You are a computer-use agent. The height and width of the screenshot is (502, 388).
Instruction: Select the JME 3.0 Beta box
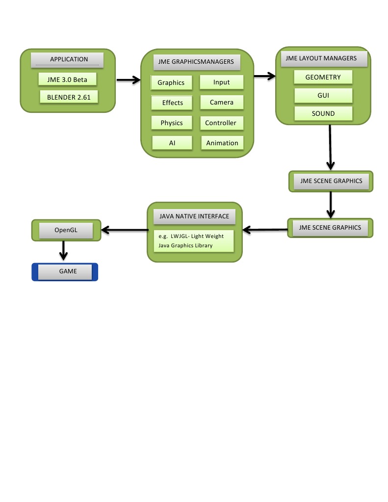tap(67, 79)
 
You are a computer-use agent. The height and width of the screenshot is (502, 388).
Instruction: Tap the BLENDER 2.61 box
tap(69, 97)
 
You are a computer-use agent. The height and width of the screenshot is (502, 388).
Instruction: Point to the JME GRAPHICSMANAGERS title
tap(197, 62)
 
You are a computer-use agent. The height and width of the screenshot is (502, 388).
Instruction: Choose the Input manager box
tap(222, 82)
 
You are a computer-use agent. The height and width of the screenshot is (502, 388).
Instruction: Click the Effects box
tap(172, 103)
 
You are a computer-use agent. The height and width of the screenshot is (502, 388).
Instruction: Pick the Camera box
tap(222, 103)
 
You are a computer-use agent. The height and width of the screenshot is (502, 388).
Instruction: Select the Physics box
tap(172, 123)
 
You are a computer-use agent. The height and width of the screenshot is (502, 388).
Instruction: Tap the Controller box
tap(221, 123)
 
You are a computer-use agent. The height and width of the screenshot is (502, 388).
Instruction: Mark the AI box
tap(172, 143)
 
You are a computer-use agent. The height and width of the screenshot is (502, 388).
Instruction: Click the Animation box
tap(222, 143)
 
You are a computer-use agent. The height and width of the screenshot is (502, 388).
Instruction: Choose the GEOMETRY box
tap(323, 78)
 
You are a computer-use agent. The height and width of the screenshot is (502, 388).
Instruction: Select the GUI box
tap(323, 95)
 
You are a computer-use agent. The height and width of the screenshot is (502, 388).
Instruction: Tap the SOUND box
tap(323, 113)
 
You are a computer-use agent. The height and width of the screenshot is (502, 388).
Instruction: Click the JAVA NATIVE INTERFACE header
tap(194, 216)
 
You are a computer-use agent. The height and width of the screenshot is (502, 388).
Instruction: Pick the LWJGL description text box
tap(193, 240)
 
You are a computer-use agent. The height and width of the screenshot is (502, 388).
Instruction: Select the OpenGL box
tap(66, 230)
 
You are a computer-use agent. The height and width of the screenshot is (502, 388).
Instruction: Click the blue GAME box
tap(65, 272)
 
